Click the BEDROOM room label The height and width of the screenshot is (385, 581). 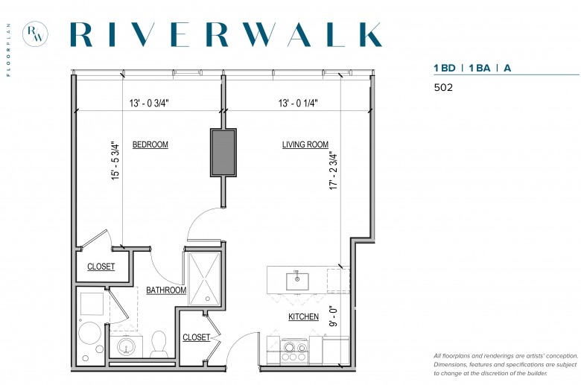[150, 144]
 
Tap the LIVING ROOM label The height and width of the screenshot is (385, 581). [305, 144]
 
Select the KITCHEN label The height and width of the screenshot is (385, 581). [303, 316]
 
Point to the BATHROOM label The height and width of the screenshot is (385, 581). [166, 290]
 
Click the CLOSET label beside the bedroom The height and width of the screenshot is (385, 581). [101, 267]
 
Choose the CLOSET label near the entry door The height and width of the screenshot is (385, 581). [197, 337]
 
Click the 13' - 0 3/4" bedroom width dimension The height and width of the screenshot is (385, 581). [149, 103]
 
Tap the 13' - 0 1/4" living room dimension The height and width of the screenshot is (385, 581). [298, 103]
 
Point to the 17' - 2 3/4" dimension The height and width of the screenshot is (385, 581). [334, 171]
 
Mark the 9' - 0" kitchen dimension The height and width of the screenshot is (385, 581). [334, 316]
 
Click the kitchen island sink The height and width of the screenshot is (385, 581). [297, 281]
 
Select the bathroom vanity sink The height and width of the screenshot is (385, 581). [127, 347]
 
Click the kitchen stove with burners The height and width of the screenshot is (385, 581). [293, 351]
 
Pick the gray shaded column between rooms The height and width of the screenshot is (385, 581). [223, 153]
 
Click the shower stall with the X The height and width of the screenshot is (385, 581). [205, 279]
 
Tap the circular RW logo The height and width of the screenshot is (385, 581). [35, 34]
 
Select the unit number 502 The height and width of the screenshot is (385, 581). [443, 87]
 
